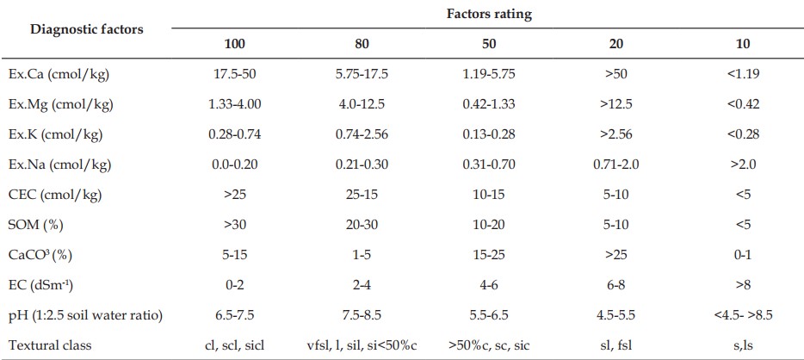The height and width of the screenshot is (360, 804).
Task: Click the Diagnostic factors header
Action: pos(87,28)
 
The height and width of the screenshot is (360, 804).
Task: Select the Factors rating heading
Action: pos(489,15)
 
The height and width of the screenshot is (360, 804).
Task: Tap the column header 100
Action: pos(235,44)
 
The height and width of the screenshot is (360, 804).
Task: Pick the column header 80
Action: pos(362,44)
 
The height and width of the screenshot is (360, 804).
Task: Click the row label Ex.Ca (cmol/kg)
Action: pos(59,74)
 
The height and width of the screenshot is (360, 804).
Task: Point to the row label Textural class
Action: pos(50,345)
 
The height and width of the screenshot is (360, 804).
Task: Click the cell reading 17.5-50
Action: pos(235,74)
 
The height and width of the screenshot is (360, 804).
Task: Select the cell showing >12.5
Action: pos(615,104)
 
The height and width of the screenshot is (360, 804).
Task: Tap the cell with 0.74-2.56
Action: pos(362,134)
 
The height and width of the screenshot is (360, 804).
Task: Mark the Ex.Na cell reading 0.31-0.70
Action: pos(489,164)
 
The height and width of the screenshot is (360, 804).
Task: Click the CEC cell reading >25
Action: pos(235,195)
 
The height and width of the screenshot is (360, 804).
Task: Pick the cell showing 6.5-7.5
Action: pos(235,315)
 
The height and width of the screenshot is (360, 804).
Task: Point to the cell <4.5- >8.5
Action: pos(743,315)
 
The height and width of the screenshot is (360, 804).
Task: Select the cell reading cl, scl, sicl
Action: pos(235,345)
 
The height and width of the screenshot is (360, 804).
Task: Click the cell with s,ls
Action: pos(743,345)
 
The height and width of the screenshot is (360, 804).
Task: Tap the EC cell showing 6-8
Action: pos(615,284)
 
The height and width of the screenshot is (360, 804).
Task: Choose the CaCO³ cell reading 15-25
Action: pos(489,255)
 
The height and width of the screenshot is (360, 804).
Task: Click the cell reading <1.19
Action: pos(743,74)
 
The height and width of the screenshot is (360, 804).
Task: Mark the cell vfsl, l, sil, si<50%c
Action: pos(362,345)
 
